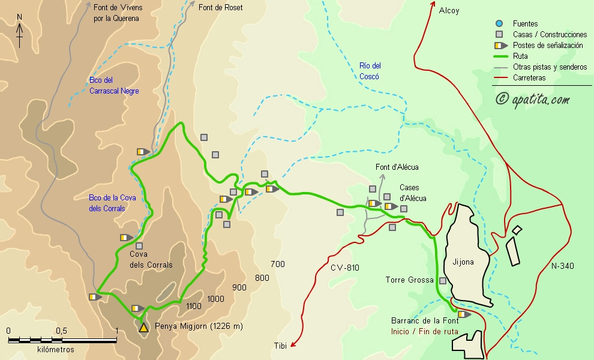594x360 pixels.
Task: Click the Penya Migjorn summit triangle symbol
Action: pyautogui.click(x=143, y=328)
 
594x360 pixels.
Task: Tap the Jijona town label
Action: pyautogui.click(x=463, y=262)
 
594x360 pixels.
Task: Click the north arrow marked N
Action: pyautogui.click(x=20, y=31)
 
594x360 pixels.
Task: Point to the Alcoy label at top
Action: pyautogui.click(x=449, y=10)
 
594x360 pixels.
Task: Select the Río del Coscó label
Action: pyautogui.click(x=370, y=71)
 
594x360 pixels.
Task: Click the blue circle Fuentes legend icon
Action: pyautogui.click(x=499, y=23)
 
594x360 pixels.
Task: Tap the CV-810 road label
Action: pyautogui.click(x=344, y=268)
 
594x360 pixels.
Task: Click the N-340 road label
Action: pyautogui.click(x=562, y=265)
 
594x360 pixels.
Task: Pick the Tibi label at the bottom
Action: pyautogui.click(x=280, y=345)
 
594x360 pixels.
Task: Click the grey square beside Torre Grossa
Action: pyautogui.click(x=443, y=281)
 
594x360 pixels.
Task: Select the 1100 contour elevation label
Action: pyautogui.click(x=194, y=306)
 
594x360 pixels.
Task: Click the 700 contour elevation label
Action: pyautogui.click(x=278, y=264)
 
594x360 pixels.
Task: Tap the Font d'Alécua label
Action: pyautogui.click(x=397, y=167)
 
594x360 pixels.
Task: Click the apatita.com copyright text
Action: pyautogui.click(x=533, y=100)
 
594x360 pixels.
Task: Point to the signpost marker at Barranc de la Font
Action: pyautogui.click(x=464, y=314)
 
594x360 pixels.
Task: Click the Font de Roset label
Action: pyautogui.click(x=220, y=8)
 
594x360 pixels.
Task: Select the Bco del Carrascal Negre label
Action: pyautogui.click(x=114, y=85)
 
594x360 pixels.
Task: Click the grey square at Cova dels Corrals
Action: pyautogui.click(x=139, y=246)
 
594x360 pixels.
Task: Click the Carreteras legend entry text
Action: pyautogui.click(x=529, y=78)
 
